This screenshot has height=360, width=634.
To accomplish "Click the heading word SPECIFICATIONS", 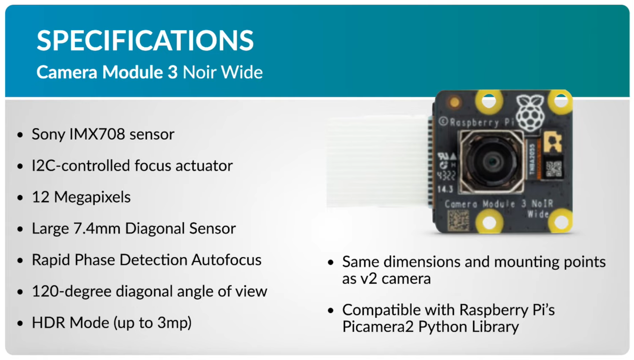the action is coord(145,41).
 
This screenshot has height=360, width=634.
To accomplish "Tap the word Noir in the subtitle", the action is coord(199,72).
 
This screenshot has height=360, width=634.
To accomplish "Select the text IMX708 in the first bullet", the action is coord(97,134).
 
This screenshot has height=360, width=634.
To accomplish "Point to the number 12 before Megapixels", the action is coord(40,197).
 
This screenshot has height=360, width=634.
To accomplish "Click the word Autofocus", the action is coord(226,260).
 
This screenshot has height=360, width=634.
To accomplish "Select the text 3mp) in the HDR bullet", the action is coord(174,323).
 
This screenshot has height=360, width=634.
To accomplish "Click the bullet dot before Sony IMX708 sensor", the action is coord(20,135).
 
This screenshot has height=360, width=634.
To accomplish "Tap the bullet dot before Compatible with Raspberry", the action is coord(331,311).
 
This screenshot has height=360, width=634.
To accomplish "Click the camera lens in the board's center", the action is coord(492,161).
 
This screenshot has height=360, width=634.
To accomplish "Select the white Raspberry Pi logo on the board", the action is coord(530,112).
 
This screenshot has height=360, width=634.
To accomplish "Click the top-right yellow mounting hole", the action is coord(560,100).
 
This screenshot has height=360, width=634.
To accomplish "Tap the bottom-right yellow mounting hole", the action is coord(560,222).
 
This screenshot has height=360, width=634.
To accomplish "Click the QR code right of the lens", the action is coord(553,169).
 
